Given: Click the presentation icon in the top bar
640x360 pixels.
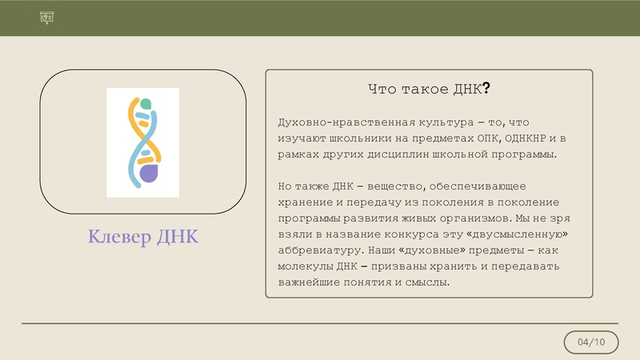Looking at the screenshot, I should tap(46, 18).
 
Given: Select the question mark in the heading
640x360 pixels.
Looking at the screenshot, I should tap(486, 90).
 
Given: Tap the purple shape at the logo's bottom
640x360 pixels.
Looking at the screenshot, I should tap(147, 174).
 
